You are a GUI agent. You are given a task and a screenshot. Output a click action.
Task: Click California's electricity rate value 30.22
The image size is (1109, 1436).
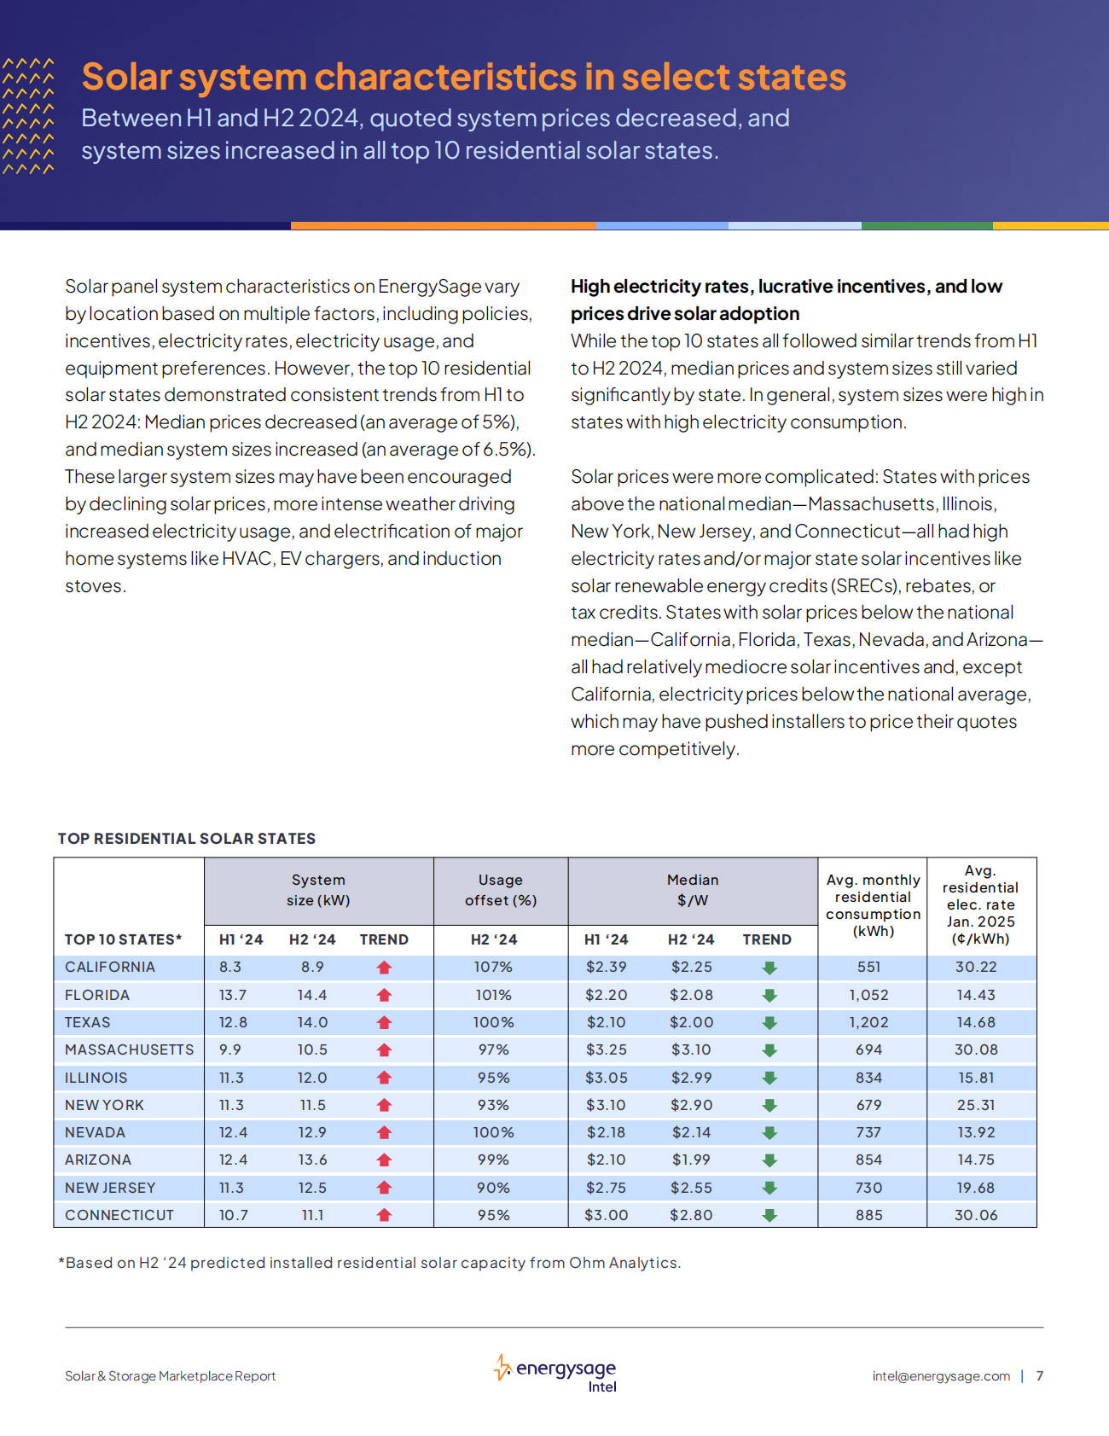point(976,967)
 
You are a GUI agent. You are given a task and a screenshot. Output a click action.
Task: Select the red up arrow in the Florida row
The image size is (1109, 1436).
point(384,995)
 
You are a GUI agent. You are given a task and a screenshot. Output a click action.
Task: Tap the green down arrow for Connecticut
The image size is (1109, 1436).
point(769,1215)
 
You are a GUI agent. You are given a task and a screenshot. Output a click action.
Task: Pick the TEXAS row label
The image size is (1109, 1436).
point(88,1022)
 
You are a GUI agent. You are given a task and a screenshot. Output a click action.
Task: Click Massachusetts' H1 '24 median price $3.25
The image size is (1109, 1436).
point(606,1049)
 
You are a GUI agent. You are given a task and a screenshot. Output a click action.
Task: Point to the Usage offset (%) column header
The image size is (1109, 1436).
point(501,890)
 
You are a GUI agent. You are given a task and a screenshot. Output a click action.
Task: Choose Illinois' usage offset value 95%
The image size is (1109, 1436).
point(494,1078)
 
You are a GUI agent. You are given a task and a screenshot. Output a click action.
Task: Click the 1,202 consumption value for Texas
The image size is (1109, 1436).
point(868,1022)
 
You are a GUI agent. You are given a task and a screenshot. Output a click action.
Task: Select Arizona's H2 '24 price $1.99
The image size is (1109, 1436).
point(690,1160)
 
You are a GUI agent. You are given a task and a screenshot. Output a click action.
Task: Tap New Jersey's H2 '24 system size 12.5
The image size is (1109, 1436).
point(312,1188)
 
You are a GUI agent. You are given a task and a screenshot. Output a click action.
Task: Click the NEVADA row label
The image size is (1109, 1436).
point(95,1132)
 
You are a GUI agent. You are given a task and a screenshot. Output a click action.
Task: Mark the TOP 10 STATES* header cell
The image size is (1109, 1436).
point(123,939)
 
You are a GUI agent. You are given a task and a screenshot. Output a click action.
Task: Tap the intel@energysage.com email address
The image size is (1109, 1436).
point(941,1376)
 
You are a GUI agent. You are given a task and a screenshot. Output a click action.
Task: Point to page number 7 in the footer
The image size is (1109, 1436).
point(1040,1376)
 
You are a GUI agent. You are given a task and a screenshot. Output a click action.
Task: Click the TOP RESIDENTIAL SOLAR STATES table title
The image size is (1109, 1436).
point(187,839)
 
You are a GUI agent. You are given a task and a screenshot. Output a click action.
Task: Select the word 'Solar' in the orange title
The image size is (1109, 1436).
point(126,77)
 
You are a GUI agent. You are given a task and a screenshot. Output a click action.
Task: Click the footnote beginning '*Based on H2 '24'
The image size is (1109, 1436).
point(369,1263)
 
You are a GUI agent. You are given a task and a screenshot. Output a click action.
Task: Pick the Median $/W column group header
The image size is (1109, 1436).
point(693,890)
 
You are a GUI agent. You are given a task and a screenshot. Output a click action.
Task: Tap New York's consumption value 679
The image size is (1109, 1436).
point(868,1105)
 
